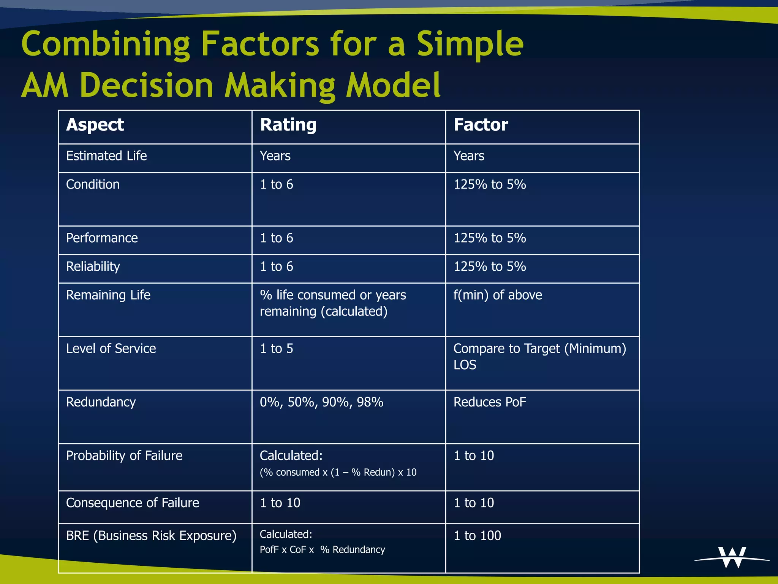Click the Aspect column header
(x=95, y=125)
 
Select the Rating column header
(x=288, y=125)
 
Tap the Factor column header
(x=481, y=125)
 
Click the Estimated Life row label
(x=106, y=156)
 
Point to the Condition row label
(x=93, y=184)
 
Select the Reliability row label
(x=93, y=267)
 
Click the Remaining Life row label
(x=108, y=295)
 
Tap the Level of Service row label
(x=111, y=349)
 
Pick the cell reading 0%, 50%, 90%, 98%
(x=321, y=402)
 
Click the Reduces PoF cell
(x=490, y=402)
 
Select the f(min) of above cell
(x=498, y=295)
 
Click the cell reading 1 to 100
(x=478, y=536)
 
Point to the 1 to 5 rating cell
(x=277, y=349)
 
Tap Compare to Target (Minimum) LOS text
(x=539, y=356)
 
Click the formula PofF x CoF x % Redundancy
(x=322, y=550)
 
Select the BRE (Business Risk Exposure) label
(x=151, y=536)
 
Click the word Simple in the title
(x=470, y=44)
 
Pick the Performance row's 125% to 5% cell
(x=490, y=238)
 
